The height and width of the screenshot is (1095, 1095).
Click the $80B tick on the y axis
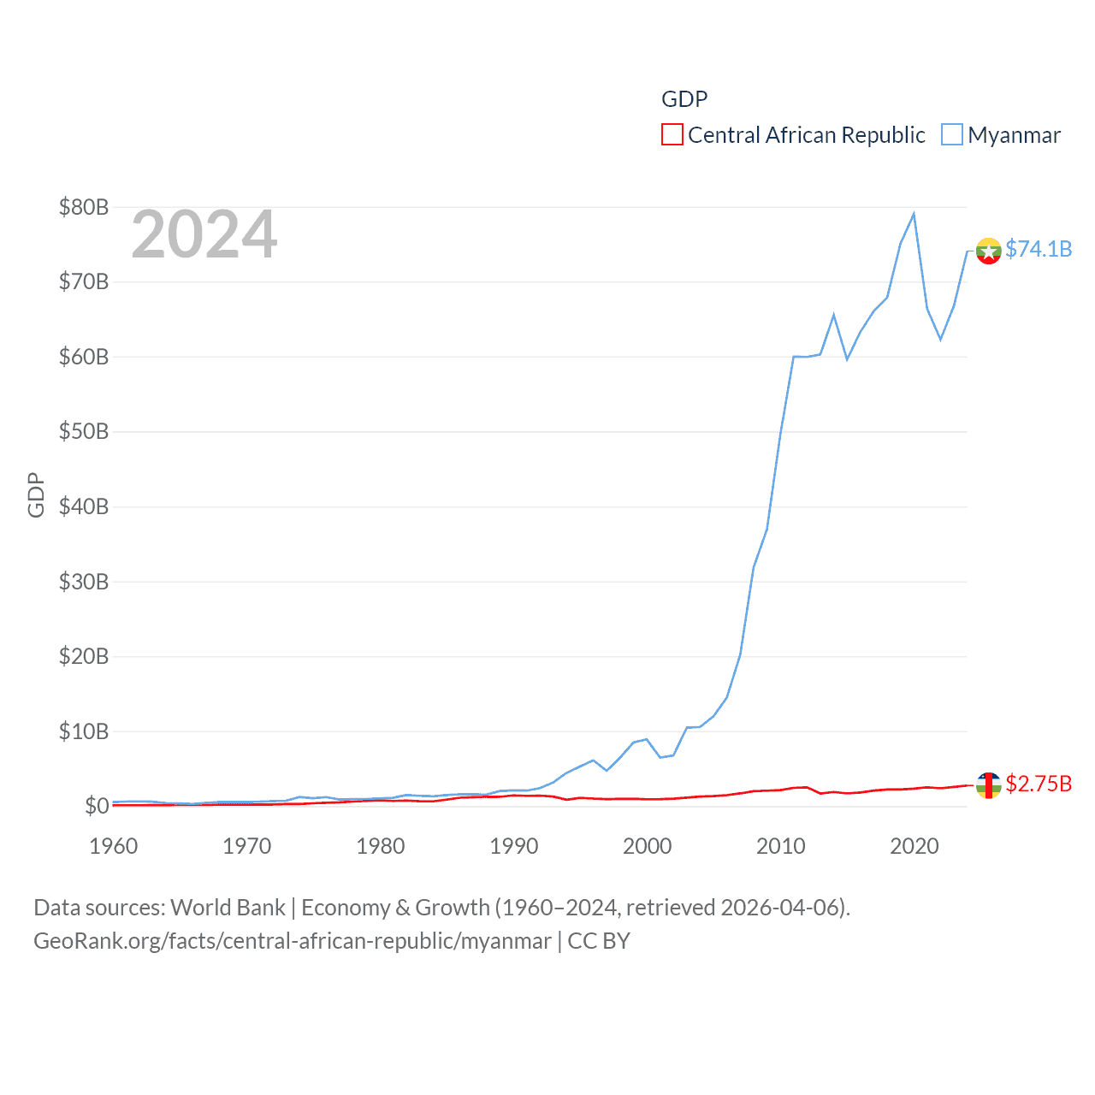83,207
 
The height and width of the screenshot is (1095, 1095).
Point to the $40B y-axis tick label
83,506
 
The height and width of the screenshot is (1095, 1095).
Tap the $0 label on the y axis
96,806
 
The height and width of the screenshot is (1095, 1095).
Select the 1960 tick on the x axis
113,846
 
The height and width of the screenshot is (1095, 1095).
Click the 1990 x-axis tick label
513,846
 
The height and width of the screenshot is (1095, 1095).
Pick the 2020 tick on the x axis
914,846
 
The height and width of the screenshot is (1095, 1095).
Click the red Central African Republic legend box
672,135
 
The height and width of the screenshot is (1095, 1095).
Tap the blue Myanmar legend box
951,135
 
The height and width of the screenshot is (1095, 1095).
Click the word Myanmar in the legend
1014,135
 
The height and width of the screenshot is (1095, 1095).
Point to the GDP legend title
684,99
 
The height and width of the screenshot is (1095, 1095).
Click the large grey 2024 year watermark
204,234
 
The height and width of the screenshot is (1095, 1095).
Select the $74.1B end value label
1039,249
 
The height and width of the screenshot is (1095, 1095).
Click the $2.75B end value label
1039,784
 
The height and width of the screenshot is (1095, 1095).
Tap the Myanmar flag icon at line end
988,252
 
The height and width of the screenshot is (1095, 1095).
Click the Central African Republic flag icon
988,784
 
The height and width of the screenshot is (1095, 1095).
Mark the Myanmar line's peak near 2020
914,214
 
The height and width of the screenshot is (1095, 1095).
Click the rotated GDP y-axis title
36,494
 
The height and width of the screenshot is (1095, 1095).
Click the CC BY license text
599,941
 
